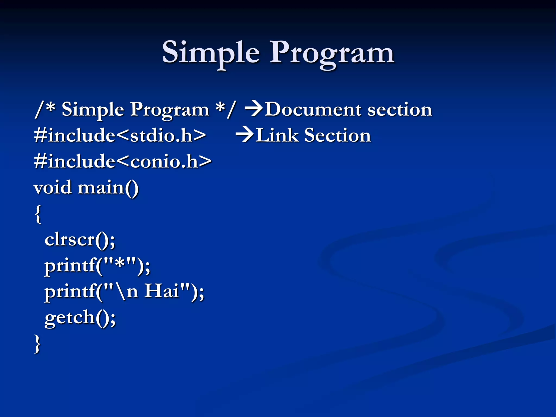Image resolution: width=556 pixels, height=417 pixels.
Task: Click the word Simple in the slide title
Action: pos(211,52)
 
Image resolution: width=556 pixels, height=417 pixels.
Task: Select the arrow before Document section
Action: pos(254,109)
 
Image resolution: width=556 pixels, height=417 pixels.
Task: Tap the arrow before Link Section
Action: pos(245,135)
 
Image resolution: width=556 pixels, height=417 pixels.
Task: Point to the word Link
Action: pos(277,135)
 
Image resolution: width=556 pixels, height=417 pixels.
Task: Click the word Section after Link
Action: pos(337,135)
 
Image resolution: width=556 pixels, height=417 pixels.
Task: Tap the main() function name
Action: pos(108,188)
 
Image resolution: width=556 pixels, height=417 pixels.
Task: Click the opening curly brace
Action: pos(38,214)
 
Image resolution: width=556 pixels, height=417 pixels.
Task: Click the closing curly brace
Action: pos(37,344)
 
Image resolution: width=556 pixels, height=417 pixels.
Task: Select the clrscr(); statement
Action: pos(80,240)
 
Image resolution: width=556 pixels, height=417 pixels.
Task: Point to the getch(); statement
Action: pos(80,318)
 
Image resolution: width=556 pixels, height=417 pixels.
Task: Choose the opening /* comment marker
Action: pos(45,109)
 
